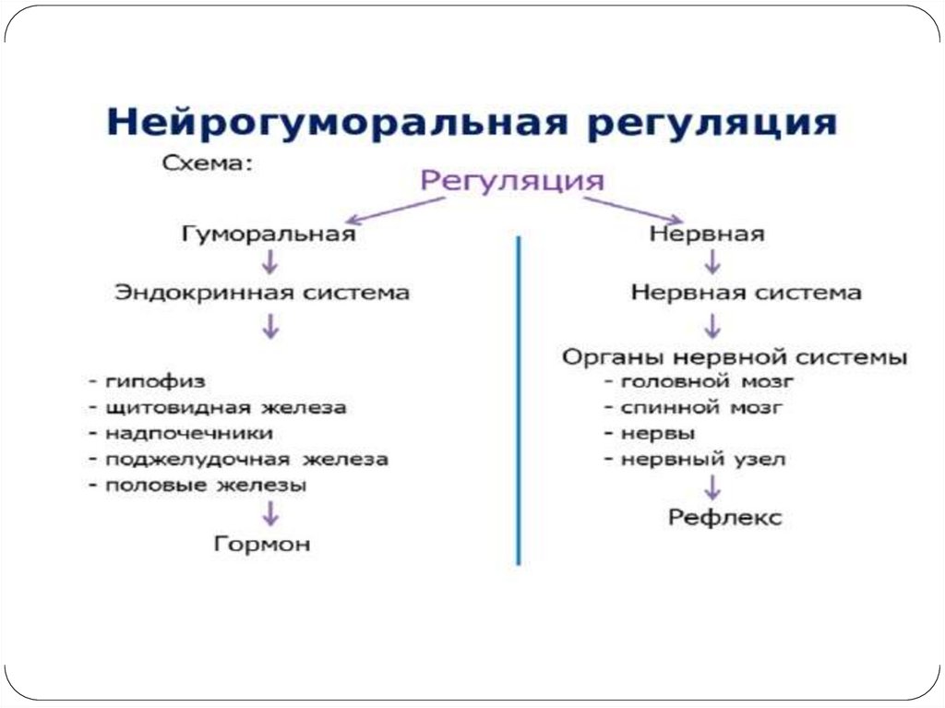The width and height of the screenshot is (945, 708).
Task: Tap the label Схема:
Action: click(x=208, y=164)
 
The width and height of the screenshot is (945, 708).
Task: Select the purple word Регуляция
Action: click(x=513, y=178)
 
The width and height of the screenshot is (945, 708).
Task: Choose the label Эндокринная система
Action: click(x=262, y=294)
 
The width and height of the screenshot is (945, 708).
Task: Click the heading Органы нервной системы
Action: click(x=735, y=356)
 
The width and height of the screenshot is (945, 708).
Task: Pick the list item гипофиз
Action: click(x=153, y=381)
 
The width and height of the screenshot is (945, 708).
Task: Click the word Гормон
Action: click(x=262, y=545)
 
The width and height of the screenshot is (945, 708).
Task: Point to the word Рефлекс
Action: click(x=724, y=518)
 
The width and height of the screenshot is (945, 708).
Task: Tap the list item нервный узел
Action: click(x=697, y=459)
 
